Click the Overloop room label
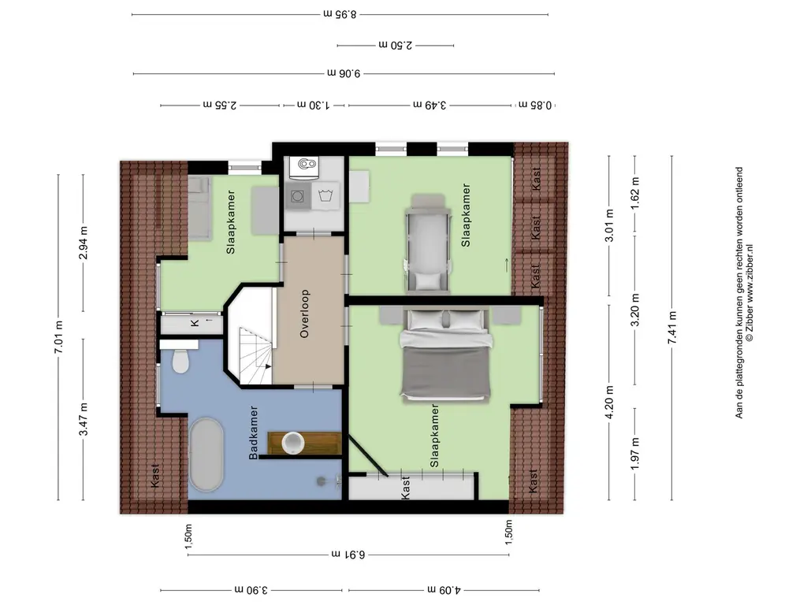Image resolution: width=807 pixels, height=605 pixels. click(304, 314)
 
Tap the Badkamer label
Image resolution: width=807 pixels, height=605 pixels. click(253, 433)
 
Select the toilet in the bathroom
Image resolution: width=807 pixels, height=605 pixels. click(180, 361)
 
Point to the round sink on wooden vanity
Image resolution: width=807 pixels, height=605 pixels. click(293, 443)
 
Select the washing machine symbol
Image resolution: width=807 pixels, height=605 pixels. click(325, 196)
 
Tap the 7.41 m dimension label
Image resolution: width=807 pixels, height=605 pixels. click(672, 328)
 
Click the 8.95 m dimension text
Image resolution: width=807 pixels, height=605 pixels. click(340, 14)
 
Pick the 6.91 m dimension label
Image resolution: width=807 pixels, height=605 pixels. click(348, 555)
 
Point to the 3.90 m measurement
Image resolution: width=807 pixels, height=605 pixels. click(251, 589)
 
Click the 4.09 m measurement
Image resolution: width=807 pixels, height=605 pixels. click(444, 589)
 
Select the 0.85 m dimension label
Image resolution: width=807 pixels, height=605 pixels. click(535, 105)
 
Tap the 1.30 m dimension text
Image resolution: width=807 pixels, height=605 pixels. click(314, 105)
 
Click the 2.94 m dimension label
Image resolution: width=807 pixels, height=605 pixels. click(84, 243)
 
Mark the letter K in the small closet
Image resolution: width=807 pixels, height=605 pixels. click(195, 323)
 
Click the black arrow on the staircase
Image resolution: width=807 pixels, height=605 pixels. click(267, 366)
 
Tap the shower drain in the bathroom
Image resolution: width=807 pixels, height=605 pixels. click(322, 481)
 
